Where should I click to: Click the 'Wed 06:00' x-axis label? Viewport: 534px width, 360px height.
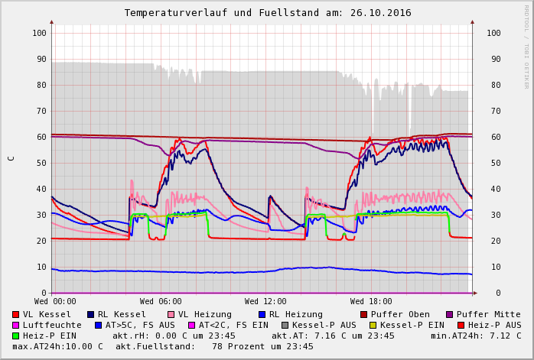pyautogui.click(x=161, y=302)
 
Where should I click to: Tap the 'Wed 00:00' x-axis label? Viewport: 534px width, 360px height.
pyautogui.click(x=55, y=302)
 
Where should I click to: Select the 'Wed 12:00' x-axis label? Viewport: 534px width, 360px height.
pyautogui.click(x=265, y=302)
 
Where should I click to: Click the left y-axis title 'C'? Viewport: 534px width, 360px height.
pyautogui.click(x=11, y=158)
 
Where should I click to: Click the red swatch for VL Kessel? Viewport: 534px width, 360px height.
pyautogui.click(x=16, y=314)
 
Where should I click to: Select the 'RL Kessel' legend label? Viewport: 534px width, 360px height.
pyautogui.click(x=122, y=314)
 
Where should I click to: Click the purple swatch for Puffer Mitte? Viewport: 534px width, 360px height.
pyautogui.click(x=450, y=314)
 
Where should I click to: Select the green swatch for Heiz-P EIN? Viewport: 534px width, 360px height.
pyautogui.click(x=16, y=336)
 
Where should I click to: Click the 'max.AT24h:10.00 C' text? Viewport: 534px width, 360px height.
pyautogui.click(x=57, y=346)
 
